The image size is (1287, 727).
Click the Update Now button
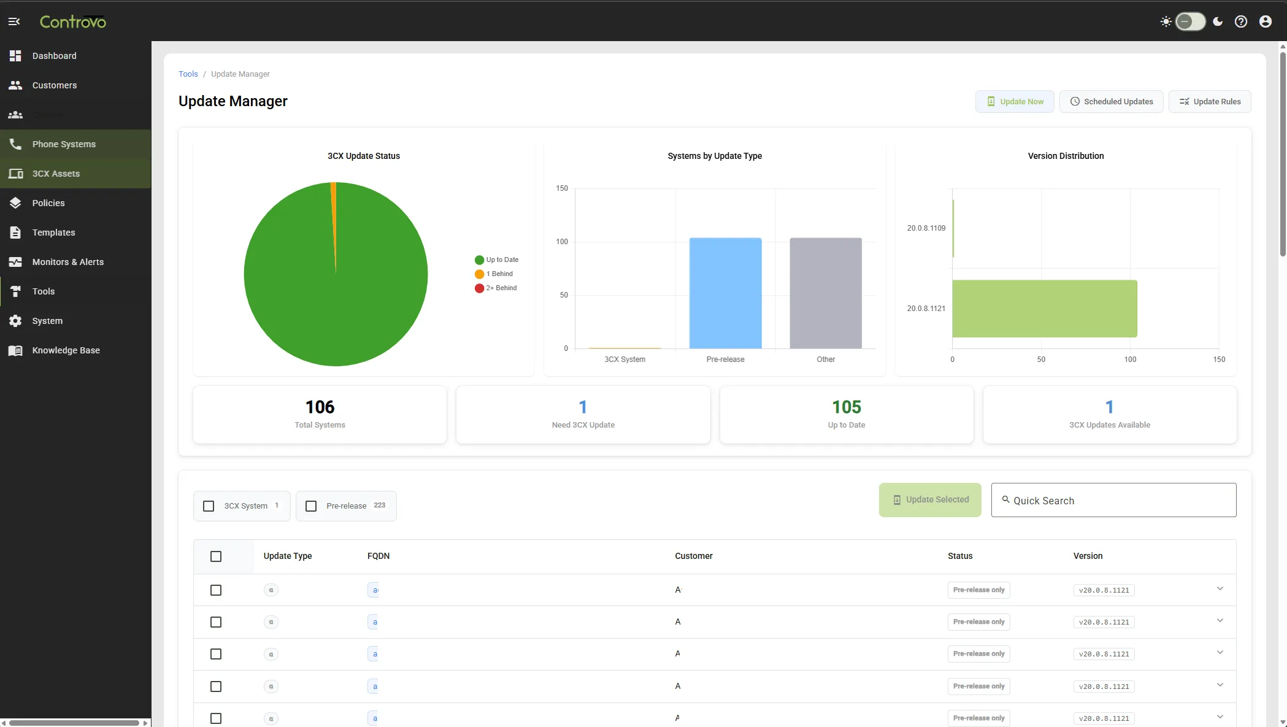(1015, 102)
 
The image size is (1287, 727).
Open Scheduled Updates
(1112, 102)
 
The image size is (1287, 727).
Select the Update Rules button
(1210, 102)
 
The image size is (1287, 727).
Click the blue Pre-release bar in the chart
(725, 293)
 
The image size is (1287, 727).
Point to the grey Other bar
(825, 293)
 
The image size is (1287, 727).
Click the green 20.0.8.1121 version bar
(1044, 309)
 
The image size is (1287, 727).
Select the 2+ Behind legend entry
(501, 288)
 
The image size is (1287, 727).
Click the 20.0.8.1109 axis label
(926, 228)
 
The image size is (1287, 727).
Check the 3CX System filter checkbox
(209, 506)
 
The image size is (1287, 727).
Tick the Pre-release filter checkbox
(311, 506)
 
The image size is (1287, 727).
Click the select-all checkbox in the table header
(216, 556)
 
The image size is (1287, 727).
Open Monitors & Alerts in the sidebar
(67, 262)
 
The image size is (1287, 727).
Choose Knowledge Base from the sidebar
(66, 350)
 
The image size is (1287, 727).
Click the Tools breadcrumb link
(188, 74)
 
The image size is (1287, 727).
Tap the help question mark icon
(1240, 21)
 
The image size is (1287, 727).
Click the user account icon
(1265, 21)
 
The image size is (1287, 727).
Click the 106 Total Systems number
(320, 407)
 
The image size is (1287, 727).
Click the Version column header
(1088, 556)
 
